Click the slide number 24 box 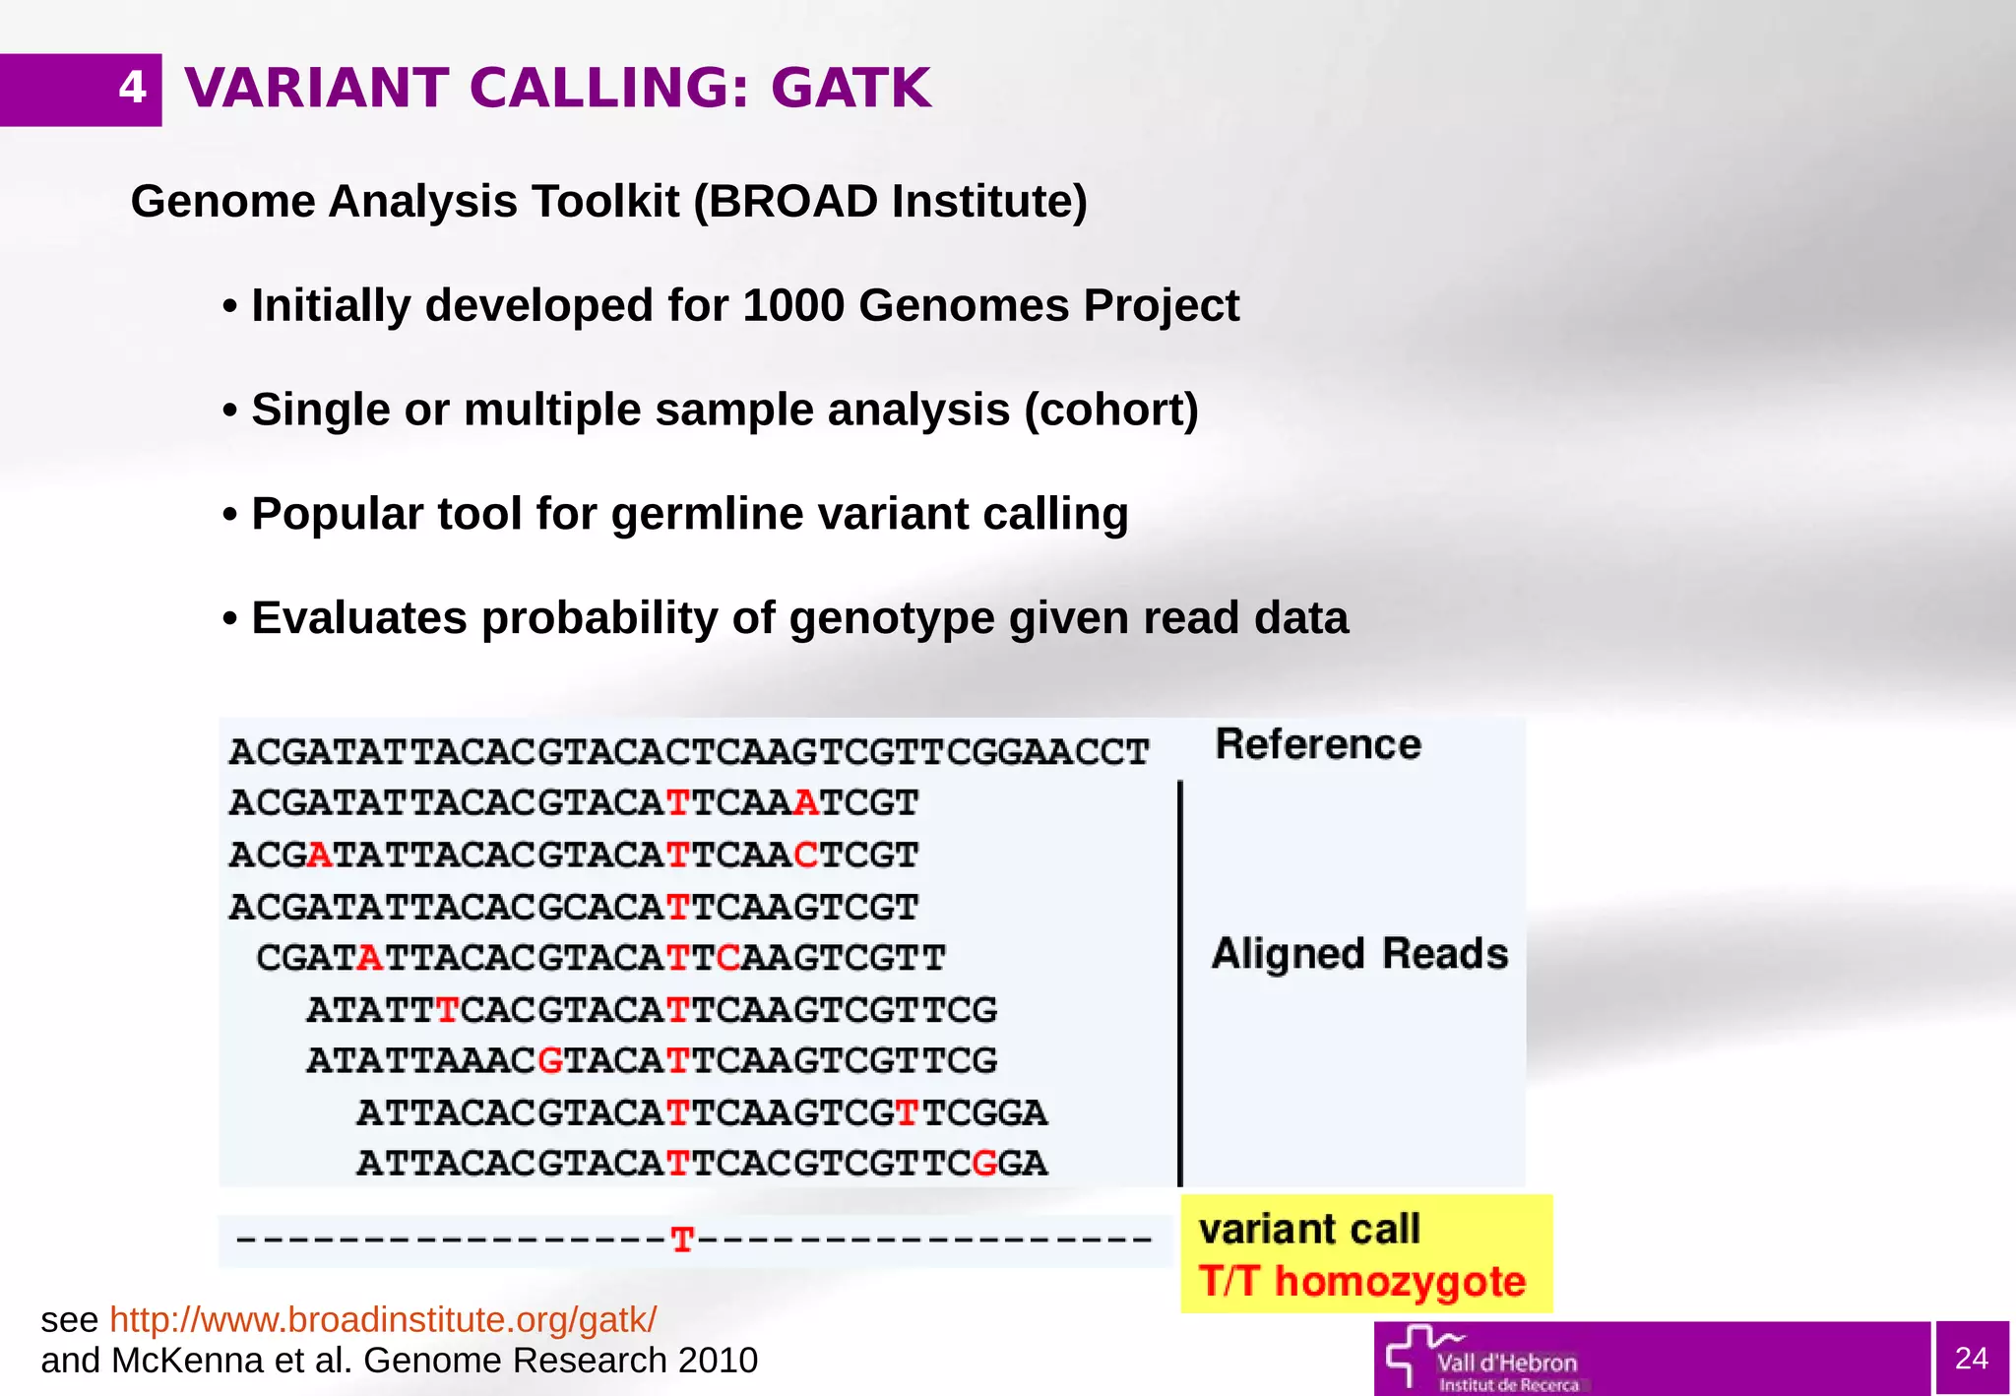click(x=1971, y=1358)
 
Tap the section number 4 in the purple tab click(x=132, y=89)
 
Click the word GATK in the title click(x=850, y=89)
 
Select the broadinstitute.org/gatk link click(x=383, y=1319)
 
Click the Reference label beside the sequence click(x=1318, y=744)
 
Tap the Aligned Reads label click(x=1359, y=954)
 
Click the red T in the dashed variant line click(x=682, y=1239)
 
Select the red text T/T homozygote click(x=1361, y=1282)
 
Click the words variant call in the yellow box click(x=1309, y=1230)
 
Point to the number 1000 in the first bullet click(x=793, y=305)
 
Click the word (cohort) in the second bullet click(x=1111, y=410)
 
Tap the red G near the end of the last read click(x=984, y=1164)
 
